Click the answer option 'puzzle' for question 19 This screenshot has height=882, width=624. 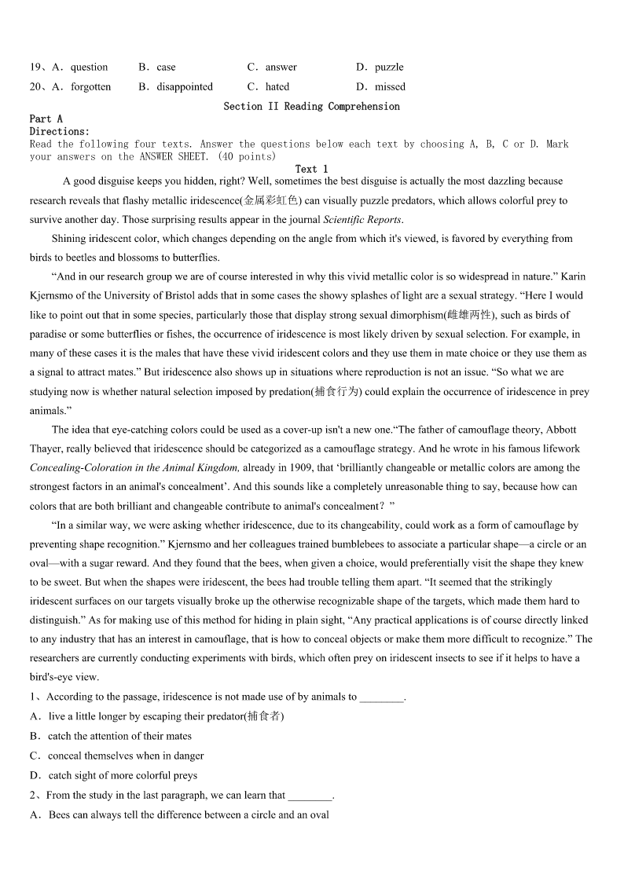(389, 68)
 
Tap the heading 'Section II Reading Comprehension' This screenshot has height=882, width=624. (311, 107)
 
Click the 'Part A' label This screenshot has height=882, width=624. (46, 119)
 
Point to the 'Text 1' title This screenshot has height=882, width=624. (311, 170)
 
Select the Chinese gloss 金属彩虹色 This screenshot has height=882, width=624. (270, 201)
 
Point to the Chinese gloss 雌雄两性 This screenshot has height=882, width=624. (471, 316)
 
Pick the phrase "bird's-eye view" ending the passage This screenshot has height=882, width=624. (64, 678)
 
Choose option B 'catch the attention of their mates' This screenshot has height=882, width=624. (119, 737)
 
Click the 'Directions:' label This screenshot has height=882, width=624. (60, 132)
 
